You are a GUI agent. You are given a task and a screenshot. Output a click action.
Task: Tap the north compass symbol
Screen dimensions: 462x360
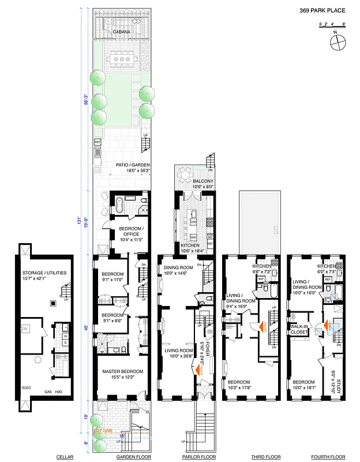(337, 41)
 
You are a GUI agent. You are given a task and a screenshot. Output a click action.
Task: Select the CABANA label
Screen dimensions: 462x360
(121, 32)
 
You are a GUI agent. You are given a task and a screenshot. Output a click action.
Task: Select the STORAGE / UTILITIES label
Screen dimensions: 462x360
(43, 273)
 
